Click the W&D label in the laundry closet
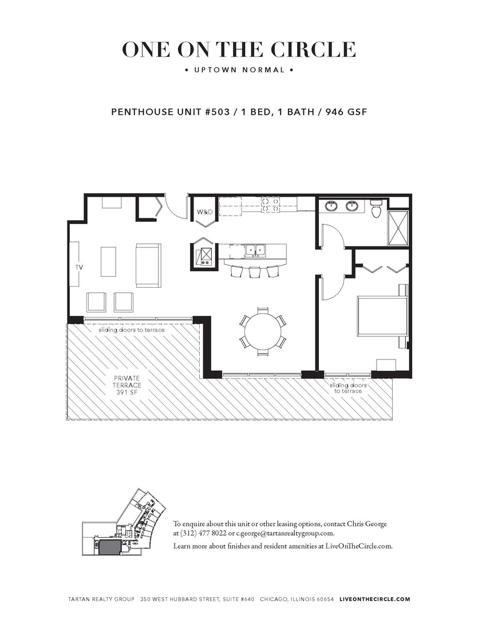pyautogui.click(x=204, y=212)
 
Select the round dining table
pyautogui.click(x=263, y=330)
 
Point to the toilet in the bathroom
pyautogui.click(x=376, y=210)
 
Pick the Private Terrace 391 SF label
pyautogui.click(x=127, y=386)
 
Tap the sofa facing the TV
pyautogui.click(x=148, y=265)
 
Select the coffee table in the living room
pyautogui.click(x=108, y=262)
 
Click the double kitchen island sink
pyautogui.click(x=254, y=250)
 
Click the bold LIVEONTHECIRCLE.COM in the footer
pyautogui.click(x=375, y=599)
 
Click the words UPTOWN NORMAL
pyautogui.click(x=239, y=70)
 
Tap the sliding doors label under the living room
pyautogui.click(x=131, y=330)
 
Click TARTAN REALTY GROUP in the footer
pyautogui.click(x=101, y=599)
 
